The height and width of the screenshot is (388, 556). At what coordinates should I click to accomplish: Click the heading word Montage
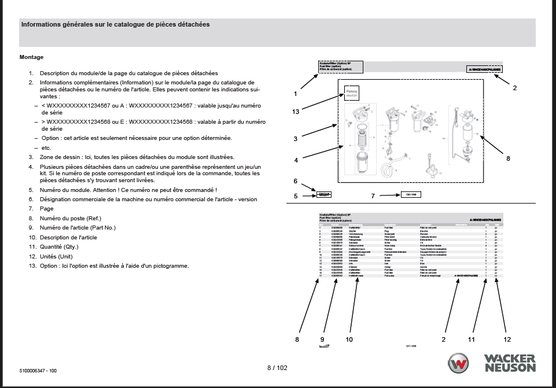31,57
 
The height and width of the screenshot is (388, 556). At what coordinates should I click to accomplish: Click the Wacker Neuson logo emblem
461,364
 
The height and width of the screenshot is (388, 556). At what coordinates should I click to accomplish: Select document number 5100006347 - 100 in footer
38,370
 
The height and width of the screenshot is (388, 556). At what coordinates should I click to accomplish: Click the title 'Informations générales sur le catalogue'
115,25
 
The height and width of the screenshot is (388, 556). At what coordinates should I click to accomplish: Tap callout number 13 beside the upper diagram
295,112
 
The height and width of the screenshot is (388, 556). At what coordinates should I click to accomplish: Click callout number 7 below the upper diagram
373,196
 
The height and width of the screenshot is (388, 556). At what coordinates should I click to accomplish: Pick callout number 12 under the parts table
507,339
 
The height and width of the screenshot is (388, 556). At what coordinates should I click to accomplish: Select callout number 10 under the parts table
349,339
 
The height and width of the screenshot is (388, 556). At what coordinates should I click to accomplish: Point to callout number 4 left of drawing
295,160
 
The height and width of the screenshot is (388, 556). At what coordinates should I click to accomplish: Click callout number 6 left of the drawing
295,181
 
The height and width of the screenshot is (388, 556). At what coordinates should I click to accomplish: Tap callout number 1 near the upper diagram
295,93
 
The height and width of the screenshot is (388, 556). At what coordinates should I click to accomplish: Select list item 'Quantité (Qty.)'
58,247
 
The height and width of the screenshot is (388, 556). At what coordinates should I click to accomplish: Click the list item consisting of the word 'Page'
46,209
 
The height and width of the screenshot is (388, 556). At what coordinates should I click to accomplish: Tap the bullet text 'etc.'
47,147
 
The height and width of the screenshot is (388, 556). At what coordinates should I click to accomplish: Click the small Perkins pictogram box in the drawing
352,93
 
